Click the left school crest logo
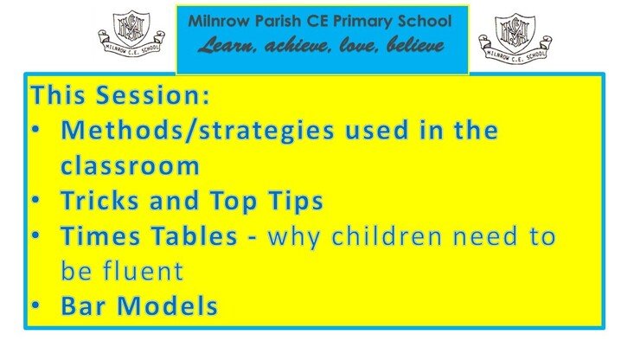[x=131, y=33]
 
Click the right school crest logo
[x=515, y=36]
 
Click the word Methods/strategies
[x=197, y=131]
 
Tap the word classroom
[x=130, y=165]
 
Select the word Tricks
[x=100, y=200]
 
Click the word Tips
[x=296, y=202]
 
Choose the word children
[x=386, y=236]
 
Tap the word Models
[x=167, y=305]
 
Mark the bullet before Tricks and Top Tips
[x=35, y=200]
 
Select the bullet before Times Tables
[x=35, y=235]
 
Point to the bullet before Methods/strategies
[x=35, y=130]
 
